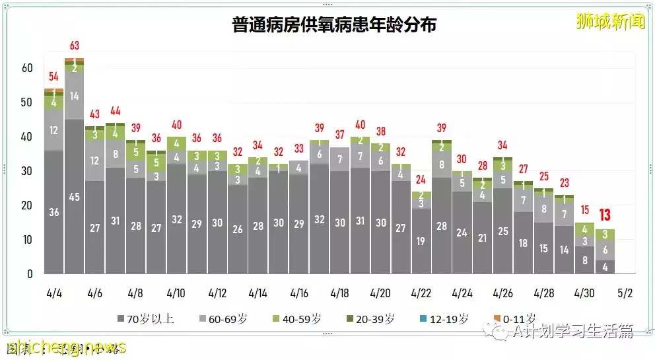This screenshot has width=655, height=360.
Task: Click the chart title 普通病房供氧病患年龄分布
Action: pos(334,25)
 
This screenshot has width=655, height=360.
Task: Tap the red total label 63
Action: pos(75,46)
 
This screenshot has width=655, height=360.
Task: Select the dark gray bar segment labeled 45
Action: pos(75,196)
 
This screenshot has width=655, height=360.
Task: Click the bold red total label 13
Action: pos(605,215)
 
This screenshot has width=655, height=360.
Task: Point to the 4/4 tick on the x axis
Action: pos(54,293)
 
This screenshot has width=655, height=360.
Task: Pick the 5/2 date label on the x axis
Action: pos(625,293)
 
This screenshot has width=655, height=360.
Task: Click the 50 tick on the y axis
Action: pos(26,102)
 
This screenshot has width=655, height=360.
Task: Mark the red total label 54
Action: pos(54,77)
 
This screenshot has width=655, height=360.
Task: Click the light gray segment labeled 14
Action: pos(75,96)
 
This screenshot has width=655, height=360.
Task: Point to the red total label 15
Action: pos(584,209)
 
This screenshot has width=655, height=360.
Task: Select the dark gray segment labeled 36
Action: pos(54,212)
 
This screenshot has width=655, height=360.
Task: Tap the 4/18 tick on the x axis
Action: pos(339,293)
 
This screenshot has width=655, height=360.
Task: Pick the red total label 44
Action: pos(115,110)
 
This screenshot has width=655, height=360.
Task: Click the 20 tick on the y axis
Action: pos(26,205)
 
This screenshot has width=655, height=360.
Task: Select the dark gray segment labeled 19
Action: pos(421,241)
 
